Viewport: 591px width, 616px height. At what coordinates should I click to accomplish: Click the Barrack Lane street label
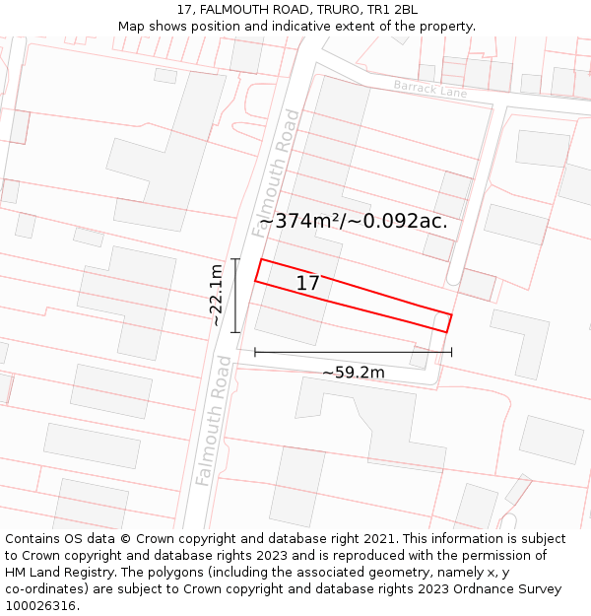pos(430,89)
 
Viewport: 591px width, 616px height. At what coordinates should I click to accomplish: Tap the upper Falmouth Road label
pos(277,173)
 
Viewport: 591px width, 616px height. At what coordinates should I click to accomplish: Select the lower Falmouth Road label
pos(214,421)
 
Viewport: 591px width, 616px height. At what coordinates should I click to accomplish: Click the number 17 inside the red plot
pos(307,284)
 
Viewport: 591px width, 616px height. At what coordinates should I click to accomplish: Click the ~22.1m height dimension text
pos(216,295)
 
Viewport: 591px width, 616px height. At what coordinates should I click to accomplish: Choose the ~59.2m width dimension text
pos(353,373)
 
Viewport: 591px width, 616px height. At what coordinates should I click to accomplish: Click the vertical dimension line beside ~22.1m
pos(235,296)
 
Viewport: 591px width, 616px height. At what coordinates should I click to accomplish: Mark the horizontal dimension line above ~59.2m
pos(353,352)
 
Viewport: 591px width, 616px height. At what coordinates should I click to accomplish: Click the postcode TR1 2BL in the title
pos(391,10)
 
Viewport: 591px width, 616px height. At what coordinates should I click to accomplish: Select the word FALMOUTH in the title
pos(239,10)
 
